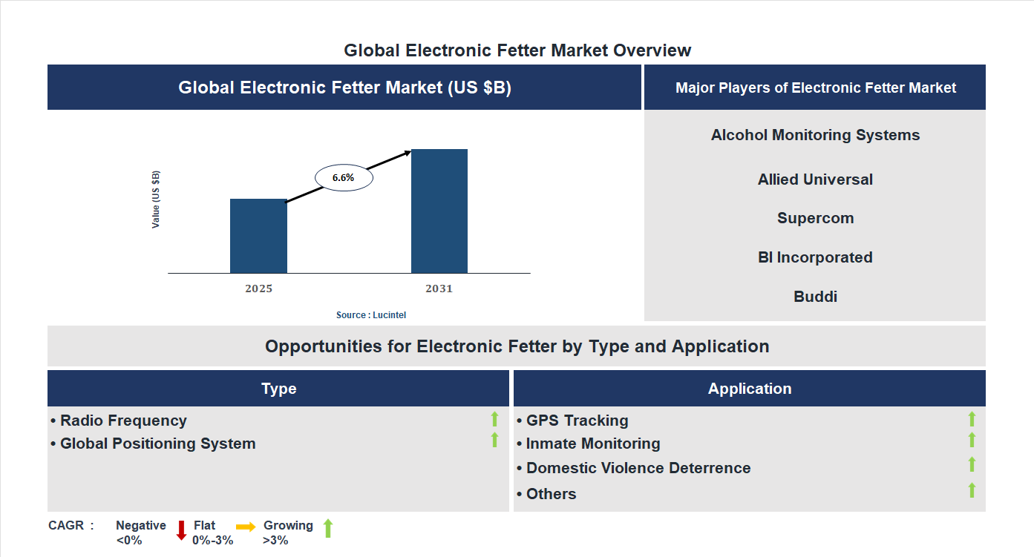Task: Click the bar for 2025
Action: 258,236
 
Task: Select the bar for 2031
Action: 439,211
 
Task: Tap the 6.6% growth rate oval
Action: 344,178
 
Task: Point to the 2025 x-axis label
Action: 258,289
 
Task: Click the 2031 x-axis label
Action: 439,289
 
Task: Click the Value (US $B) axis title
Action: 156,200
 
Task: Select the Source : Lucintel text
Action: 371,315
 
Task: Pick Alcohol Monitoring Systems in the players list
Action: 815,135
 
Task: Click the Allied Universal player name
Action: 815,179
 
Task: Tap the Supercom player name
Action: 815,218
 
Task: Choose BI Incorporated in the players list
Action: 815,257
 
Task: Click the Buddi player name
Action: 815,297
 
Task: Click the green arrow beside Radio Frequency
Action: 494,419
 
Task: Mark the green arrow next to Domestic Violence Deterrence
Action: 972,464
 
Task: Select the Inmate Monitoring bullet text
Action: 592,444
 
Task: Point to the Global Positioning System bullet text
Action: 157,444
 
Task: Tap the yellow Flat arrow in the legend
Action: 246,526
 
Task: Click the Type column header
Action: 278,389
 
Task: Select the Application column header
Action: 750,389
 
